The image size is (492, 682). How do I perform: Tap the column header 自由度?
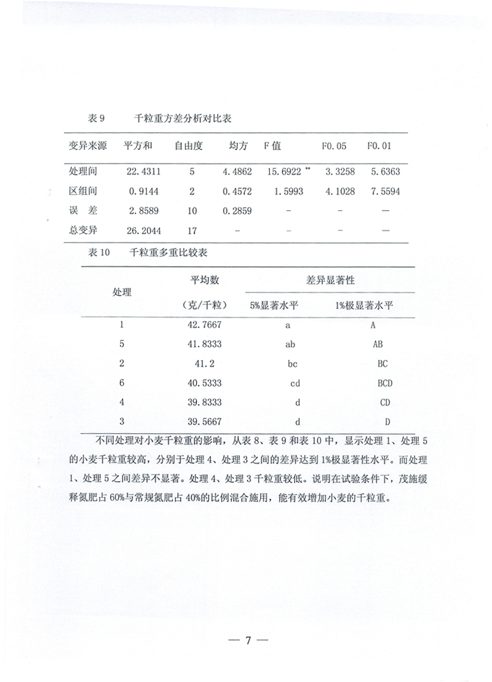coord(189,147)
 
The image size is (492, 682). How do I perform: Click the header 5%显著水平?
coord(273,305)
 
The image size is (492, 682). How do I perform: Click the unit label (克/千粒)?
coord(206,305)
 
